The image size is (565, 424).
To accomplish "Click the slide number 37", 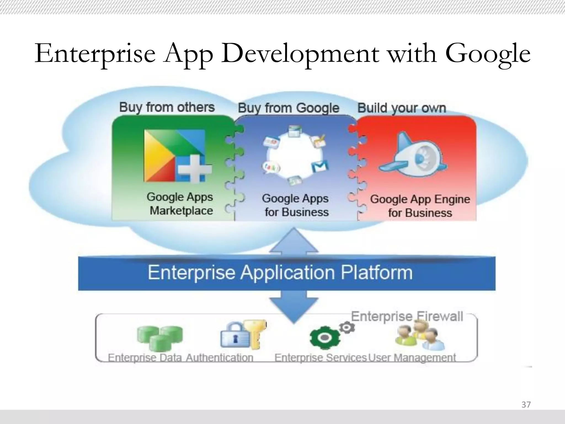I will pyautogui.click(x=526, y=405).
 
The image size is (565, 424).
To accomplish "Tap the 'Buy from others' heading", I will pyautogui.click(x=167, y=107).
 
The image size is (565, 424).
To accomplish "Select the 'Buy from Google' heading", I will pyautogui.click(x=288, y=108).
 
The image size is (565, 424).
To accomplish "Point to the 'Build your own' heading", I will pyautogui.click(x=401, y=108).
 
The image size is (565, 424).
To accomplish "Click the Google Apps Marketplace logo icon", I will pyautogui.click(x=177, y=156).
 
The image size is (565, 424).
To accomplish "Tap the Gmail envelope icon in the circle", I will pyautogui.click(x=320, y=166).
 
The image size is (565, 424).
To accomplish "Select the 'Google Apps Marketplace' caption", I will pyautogui.click(x=180, y=204).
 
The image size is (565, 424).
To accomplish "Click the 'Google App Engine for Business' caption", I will pyautogui.click(x=420, y=206).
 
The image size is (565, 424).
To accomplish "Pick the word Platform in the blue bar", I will pyautogui.click(x=377, y=273).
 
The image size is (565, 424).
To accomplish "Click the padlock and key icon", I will pyautogui.click(x=243, y=335).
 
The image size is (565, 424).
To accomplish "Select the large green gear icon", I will pyautogui.click(x=324, y=338).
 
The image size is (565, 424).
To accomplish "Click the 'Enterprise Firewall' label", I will pyautogui.click(x=407, y=317).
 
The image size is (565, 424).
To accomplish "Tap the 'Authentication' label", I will pyautogui.click(x=219, y=358).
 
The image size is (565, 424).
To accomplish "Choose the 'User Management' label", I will pyautogui.click(x=412, y=358).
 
